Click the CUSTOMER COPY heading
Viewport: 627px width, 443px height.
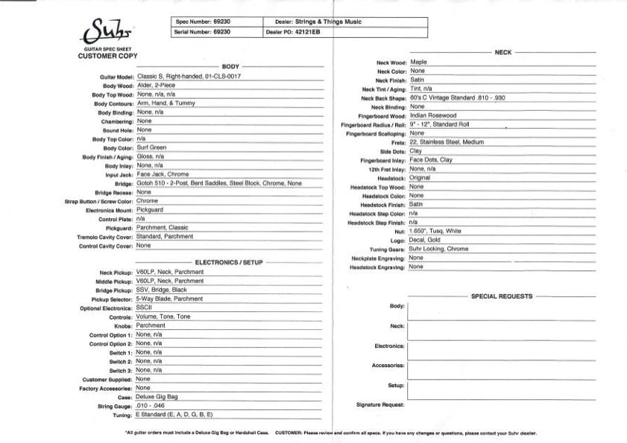107,57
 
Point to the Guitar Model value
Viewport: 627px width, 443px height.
189,76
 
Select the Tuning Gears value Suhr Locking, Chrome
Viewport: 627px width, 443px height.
439,249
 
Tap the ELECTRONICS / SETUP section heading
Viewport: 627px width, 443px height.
229,263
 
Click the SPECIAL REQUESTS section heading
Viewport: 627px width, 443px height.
502,296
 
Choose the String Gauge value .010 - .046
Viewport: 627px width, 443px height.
154,405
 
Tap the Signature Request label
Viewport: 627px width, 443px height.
380,405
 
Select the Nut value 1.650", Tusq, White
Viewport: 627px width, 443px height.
435,231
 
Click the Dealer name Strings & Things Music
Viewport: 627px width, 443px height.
329,22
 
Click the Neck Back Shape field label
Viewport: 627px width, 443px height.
382,98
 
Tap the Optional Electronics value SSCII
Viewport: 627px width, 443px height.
144,307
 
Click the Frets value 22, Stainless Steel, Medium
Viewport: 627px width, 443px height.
447,142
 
